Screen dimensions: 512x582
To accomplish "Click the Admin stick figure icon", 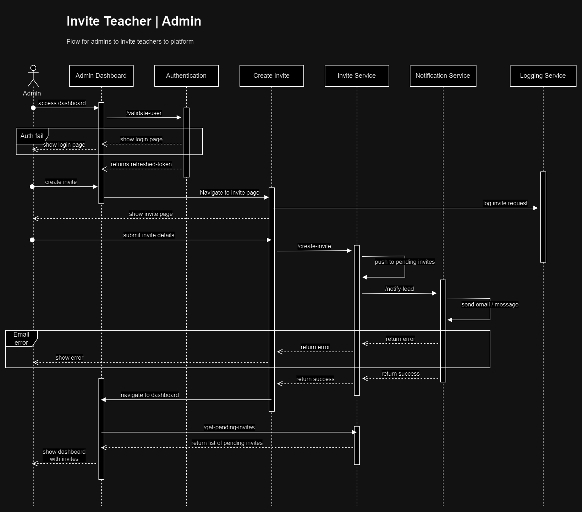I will click(33, 76).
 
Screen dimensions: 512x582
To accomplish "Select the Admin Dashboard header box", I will click(101, 76).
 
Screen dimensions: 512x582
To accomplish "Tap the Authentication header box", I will click(186, 76).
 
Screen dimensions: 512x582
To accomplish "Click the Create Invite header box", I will click(271, 76).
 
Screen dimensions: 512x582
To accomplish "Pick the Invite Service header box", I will click(357, 76).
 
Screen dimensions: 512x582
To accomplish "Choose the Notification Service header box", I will click(443, 76).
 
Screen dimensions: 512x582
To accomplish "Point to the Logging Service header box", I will click(543, 76).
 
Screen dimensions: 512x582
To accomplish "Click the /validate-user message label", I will click(144, 113).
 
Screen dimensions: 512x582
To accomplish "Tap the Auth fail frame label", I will click(32, 136).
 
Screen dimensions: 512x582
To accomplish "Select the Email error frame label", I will click(21, 338).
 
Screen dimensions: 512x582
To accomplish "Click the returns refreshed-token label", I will click(141, 164).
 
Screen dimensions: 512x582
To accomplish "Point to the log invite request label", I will click(505, 203).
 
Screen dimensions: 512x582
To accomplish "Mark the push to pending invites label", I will click(405, 262).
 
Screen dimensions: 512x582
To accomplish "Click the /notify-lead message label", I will click(400, 289).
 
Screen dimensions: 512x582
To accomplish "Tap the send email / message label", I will click(490, 304).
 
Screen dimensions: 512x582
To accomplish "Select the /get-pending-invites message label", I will click(229, 427).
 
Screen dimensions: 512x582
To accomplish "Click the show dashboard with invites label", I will click(64, 455).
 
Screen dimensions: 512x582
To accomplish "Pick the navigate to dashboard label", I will click(150, 395).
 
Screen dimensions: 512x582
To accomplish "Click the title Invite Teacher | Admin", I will click(134, 21).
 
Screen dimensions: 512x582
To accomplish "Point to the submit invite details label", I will click(149, 235).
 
